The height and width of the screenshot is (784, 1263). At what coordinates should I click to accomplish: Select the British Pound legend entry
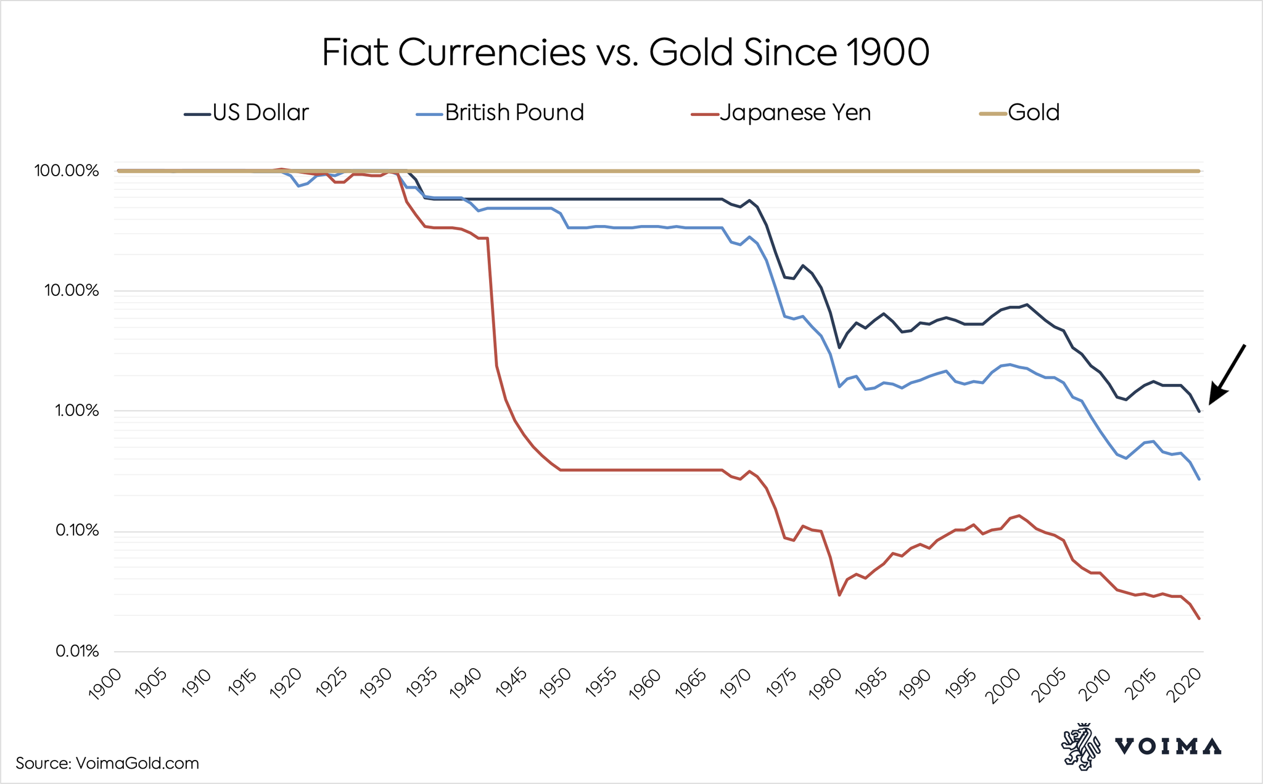pyautogui.click(x=514, y=113)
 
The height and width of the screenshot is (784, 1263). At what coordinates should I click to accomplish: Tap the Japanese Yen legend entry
pyautogui.click(x=795, y=113)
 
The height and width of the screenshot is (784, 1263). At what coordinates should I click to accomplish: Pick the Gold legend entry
pyautogui.click(x=1034, y=113)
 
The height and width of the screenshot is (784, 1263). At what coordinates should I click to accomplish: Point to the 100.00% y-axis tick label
pyautogui.click(x=67, y=171)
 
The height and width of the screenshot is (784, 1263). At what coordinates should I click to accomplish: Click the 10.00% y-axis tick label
pyautogui.click(x=70, y=291)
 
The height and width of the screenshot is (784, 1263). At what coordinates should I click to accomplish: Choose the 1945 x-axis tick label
pyautogui.click(x=510, y=685)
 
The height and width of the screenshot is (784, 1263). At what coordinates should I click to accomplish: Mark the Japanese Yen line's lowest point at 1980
pyautogui.click(x=839, y=595)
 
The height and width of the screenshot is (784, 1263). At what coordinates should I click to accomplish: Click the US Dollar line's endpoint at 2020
pyautogui.click(x=1199, y=411)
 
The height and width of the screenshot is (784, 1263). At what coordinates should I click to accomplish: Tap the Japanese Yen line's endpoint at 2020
pyautogui.click(x=1199, y=618)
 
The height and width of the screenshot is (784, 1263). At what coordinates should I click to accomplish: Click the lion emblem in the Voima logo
pyautogui.click(x=1080, y=746)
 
